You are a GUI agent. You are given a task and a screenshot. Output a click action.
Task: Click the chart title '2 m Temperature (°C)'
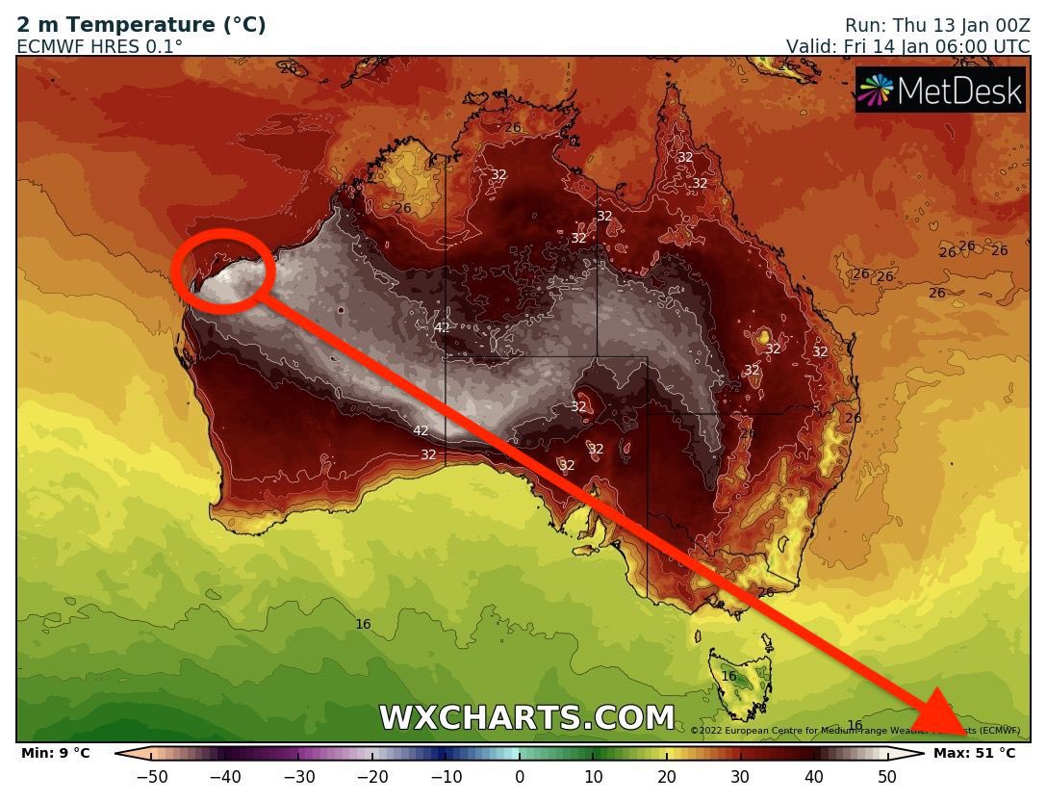coord(141,25)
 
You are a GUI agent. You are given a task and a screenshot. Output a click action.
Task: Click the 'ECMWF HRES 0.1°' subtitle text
coord(99,45)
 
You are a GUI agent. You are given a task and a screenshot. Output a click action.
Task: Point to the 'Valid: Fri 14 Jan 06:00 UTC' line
coord(907,46)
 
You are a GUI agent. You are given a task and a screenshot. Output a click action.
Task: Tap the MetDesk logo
coord(940,90)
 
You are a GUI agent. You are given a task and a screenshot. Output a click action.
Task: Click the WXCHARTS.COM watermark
coord(526,718)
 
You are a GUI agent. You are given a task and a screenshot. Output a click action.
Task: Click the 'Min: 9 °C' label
coord(55,753)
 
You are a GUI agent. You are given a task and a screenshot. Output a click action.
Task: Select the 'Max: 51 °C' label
coord(974,753)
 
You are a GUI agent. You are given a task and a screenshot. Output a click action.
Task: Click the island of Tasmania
coord(739,679)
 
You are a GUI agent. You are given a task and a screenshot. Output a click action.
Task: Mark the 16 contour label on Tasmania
coord(728,676)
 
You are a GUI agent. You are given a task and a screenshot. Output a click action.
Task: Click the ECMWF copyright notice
coord(855,731)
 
